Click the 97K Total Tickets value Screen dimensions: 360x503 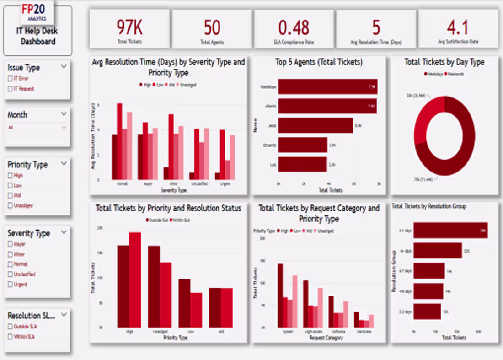click(129, 28)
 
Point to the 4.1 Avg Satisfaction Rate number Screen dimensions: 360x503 click(457, 28)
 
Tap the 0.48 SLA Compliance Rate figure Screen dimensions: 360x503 click(294, 28)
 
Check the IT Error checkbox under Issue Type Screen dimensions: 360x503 click(11, 79)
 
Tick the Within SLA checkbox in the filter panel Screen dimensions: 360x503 click(11, 337)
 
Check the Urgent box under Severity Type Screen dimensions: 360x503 click(11, 285)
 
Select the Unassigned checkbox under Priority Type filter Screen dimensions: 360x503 click(11, 206)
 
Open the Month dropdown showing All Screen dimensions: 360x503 click(37, 128)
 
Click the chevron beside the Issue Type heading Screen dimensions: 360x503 click(64, 67)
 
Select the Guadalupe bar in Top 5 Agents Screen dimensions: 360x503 click(327, 86)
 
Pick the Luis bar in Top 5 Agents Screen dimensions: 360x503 click(302, 164)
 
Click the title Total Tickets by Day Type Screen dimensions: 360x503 click(444, 62)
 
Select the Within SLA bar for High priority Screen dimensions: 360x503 click(135, 279)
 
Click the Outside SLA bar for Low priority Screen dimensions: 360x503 click(184, 303)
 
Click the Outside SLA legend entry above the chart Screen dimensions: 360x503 click(157, 220)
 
